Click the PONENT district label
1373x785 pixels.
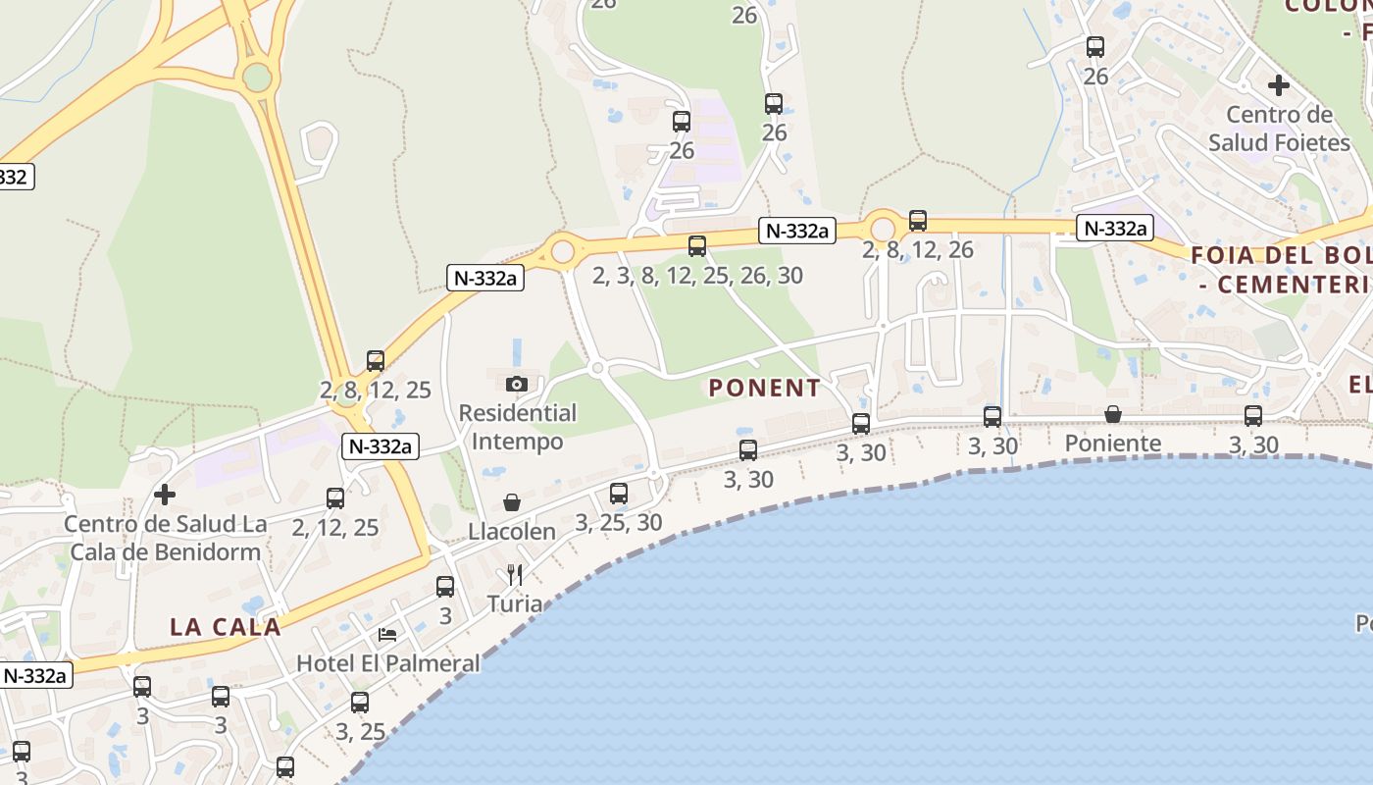coord(765,388)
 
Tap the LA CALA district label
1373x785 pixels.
coord(226,626)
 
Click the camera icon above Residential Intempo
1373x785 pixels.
coord(517,384)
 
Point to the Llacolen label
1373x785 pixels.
coord(512,532)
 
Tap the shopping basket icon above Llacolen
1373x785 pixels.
coord(512,503)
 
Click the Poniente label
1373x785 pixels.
coord(1113,444)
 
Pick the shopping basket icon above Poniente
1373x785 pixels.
coord(1113,414)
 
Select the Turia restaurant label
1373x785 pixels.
coord(515,603)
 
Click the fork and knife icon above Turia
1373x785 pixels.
coord(515,574)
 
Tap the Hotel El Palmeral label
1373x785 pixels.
coord(388,663)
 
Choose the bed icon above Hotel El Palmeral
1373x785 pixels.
coord(388,635)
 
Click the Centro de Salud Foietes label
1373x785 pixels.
coord(1279,129)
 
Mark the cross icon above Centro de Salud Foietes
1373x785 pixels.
coord(1279,85)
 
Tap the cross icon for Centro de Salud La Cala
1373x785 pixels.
coord(165,495)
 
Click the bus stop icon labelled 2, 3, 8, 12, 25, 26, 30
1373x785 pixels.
coord(697,246)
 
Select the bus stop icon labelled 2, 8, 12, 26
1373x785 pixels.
coord(918,221)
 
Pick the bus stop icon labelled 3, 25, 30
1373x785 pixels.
coord(619,494)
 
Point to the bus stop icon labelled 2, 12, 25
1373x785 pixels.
coord(335,498)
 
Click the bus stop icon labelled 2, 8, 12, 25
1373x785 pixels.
coord(376,361)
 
